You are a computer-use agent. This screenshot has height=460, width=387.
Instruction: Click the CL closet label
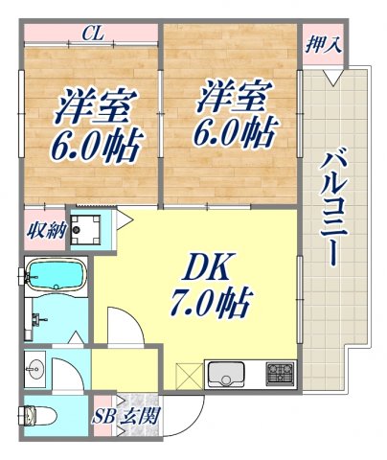tap(93, 34)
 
